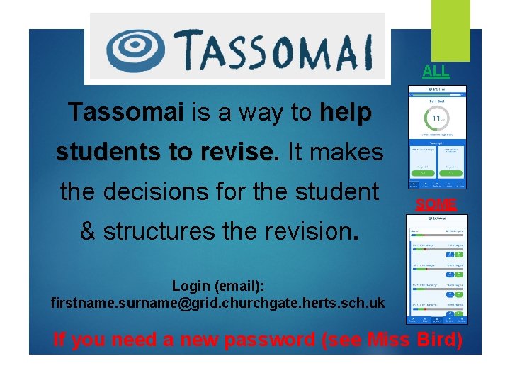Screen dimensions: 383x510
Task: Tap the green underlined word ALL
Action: (436, 71)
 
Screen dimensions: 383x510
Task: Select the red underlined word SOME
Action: (436, 204)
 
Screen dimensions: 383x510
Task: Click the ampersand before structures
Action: (88, 231)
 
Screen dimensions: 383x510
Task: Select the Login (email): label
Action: (218, 286)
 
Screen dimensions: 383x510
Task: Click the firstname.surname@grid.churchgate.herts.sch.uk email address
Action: (218, 303)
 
